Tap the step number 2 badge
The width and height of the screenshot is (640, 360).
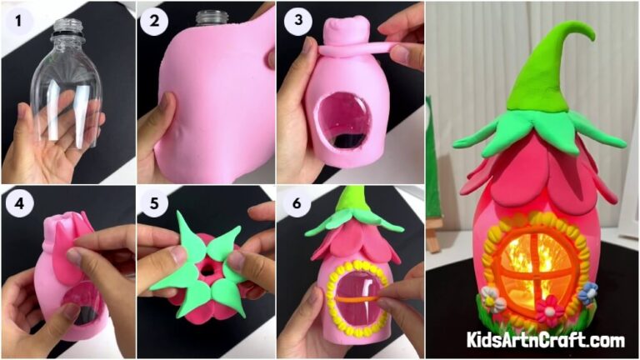(x=152, y=22)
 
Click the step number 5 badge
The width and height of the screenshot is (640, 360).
(x=152, y=202)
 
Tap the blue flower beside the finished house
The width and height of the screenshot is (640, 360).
(x=588, y=292)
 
